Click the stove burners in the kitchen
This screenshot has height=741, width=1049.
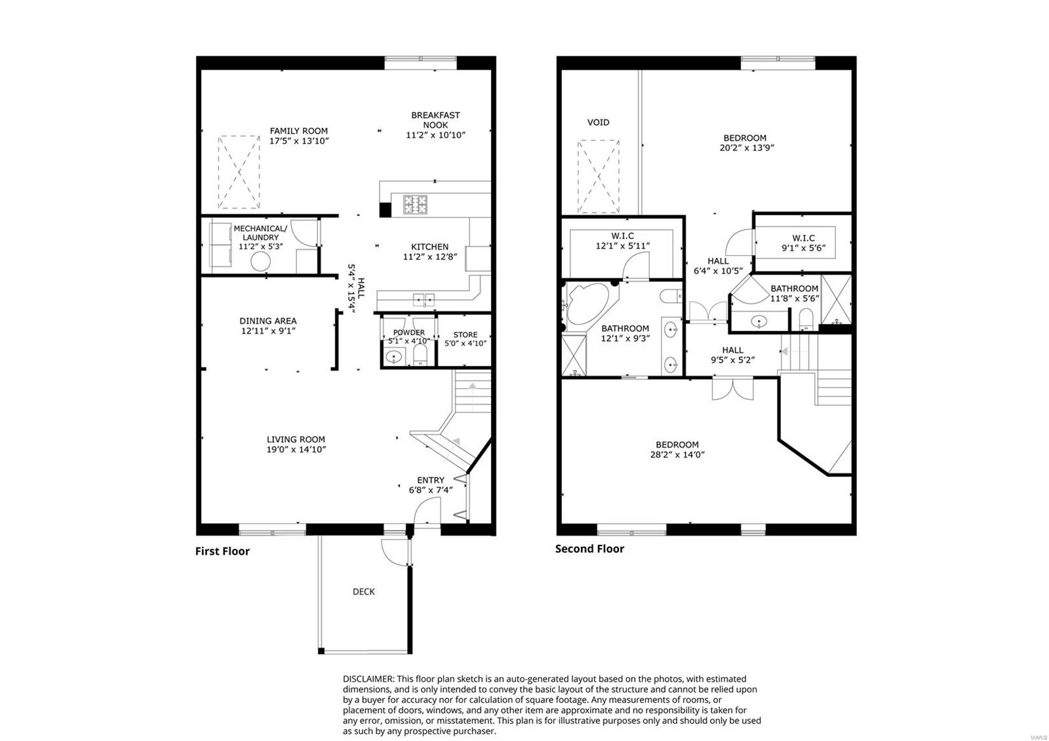click(x=415, y=205)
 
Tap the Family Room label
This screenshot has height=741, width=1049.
click(x=298, y=130)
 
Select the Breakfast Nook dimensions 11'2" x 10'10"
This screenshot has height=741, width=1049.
click(x=435, y=135)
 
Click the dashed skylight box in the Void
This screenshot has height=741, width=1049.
click(x=598, y=176)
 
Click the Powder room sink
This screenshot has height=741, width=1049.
click(x=394, y=357)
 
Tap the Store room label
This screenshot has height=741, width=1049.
click(x=465, y=334)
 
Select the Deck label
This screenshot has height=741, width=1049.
click(x=363, y=591)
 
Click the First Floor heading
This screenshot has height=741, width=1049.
click(x=222, y=551)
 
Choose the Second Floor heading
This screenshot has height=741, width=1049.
click(x=589, y=549)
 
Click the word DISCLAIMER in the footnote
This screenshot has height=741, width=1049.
click(x=368, y=679)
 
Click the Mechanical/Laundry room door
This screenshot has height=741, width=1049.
click(x=304, y=233)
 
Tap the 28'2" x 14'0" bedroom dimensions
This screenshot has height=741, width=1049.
click(x=677, y=454)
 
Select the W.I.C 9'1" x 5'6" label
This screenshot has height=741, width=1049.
click(x=803, y=243)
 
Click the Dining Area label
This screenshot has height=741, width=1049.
click(x=268, y=321)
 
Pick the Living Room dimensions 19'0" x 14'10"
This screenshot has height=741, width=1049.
click(x=296, y=450)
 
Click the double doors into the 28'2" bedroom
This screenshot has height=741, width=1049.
click(x=732, y=389)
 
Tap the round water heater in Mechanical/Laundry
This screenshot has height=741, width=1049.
click(x=260, y=262)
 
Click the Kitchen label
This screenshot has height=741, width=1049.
click(x=429, y=247)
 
